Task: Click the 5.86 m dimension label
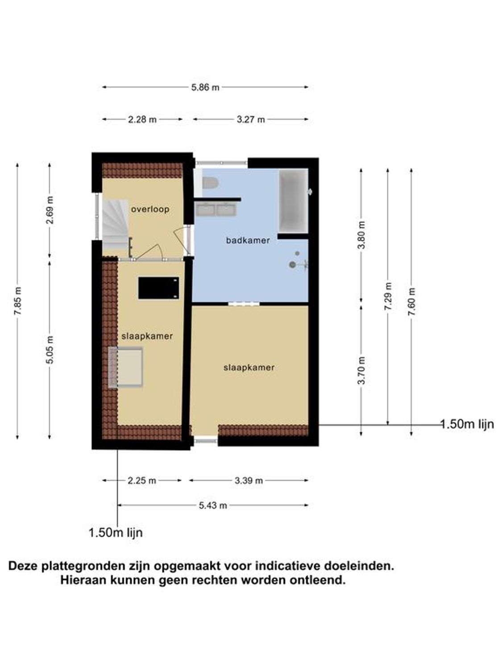point(205,88)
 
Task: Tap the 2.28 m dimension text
point(142,120)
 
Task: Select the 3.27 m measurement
point(250,120)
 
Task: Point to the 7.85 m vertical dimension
point(18,301)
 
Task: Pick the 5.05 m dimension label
point(50,350)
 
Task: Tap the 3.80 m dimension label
point(361,235)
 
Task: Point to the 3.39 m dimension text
point(249,481)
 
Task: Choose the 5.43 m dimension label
point(213,506)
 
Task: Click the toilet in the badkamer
point(209,183)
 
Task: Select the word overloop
point(150,209)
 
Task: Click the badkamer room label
point(248,240)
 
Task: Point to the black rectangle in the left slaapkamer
point(158,288)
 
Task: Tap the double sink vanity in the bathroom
point(216,209)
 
